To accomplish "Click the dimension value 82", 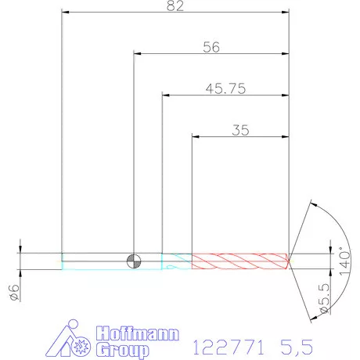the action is [175, 5].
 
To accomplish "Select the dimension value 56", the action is [211, 47].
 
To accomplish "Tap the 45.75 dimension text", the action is [225, 88].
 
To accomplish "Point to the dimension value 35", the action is [240, 130].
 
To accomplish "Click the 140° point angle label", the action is [344, 261].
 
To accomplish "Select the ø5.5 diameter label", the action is [325, 298].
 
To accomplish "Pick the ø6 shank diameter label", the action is [15, 293].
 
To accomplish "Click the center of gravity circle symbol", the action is [134, 261].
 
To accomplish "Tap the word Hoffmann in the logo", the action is [138, 333].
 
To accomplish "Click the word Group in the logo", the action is [122, 350].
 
